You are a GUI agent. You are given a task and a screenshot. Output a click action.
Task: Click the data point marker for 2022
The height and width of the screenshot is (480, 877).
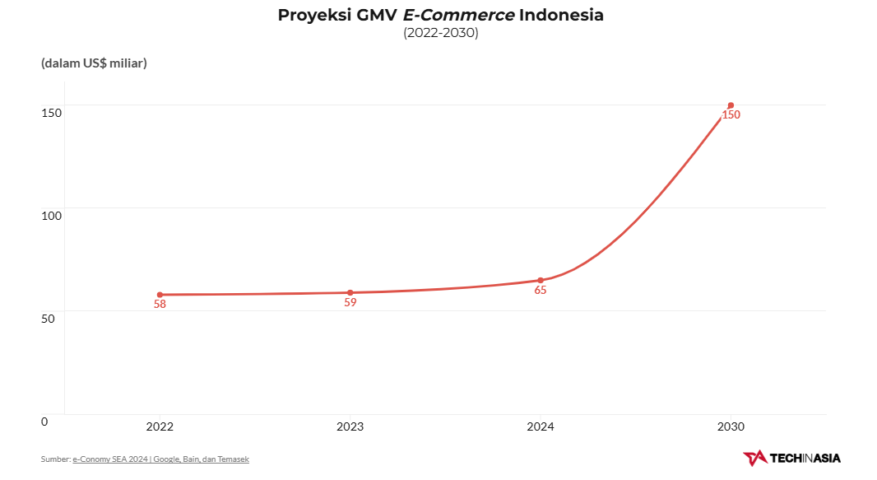pos(160,295)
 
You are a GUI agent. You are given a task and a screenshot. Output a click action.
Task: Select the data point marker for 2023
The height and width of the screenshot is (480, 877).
pos(350,292)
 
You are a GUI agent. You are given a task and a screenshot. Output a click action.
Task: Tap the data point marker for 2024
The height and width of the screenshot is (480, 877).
pos(541,280)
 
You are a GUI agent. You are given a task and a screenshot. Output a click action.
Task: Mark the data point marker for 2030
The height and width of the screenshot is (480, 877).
pos(731,105)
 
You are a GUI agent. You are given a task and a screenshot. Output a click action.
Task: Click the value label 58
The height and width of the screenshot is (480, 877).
pos(160,305)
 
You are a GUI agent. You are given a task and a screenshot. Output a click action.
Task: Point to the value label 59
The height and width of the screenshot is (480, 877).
pos(350,302)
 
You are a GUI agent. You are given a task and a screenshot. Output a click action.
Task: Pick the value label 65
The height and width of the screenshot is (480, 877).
pos(541,291)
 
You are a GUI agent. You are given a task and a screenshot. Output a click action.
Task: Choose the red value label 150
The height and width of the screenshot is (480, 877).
pos(731,115)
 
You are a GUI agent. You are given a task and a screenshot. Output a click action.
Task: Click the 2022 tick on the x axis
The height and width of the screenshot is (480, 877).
pos(160,426)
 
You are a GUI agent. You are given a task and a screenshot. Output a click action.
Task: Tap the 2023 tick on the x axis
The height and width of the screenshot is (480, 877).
pos(350,426)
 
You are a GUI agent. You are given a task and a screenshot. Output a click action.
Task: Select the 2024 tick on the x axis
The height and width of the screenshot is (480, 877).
pos(541,426)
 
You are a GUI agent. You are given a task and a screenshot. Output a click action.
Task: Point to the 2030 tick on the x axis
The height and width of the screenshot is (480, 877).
pos(731,426)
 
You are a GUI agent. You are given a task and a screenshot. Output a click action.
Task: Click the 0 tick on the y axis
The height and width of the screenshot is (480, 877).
pos(44,421)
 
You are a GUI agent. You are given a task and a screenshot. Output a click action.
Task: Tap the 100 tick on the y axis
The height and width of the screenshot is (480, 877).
pos(51,215)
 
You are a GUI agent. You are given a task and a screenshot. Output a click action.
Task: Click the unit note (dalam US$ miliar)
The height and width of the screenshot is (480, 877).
pos(94,63)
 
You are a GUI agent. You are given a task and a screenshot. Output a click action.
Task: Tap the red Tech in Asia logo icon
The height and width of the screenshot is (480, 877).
pos(754,458)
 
